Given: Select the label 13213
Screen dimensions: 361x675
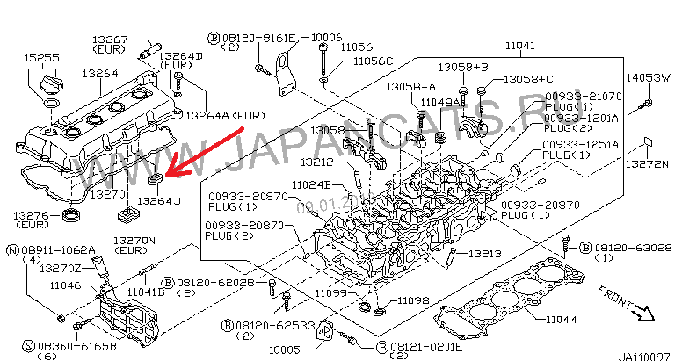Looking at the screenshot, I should tap(483, 254).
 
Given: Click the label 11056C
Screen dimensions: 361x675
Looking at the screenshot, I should tap(373, 61).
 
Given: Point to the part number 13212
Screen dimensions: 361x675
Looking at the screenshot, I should tap(316, 162).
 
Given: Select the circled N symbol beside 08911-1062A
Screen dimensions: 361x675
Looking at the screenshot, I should tap(12, 250).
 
